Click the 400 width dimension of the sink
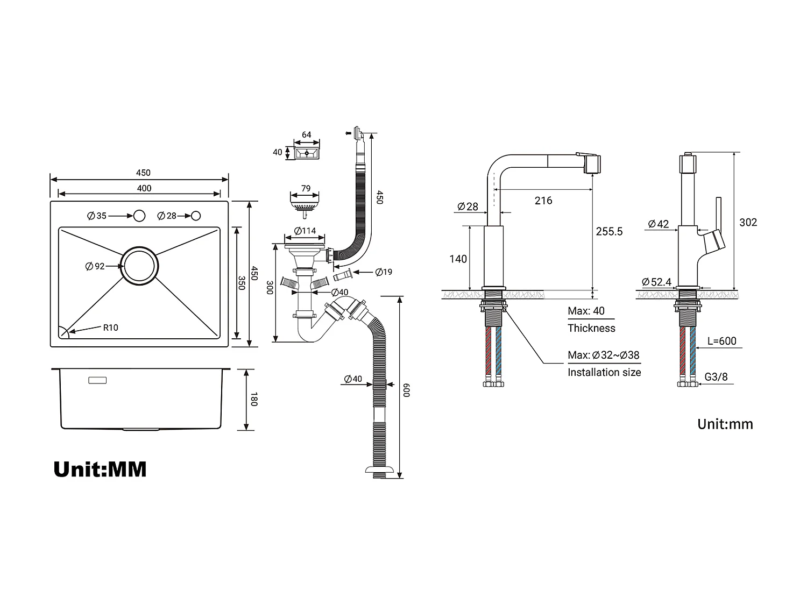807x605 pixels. (x=144, y=188)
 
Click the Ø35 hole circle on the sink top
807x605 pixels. (x=139, y=216)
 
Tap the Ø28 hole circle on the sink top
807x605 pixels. (x=196, y=216)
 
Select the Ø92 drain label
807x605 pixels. (x=96, y=266)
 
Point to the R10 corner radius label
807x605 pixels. (x=111, y=328)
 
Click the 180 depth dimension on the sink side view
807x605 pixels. (x=254, y=400)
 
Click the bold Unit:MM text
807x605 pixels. (x=100, y=469)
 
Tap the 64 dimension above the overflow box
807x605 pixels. (x=306, y=134)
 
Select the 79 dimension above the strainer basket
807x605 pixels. (x=306, y=188)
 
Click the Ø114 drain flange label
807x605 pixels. (x=305, y=231)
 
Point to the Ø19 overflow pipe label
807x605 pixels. (x=384, y=272)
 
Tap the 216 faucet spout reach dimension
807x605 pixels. (x=543, y=201)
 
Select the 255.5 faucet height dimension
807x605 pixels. (x=609, y=231)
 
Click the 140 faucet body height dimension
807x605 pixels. (x=458, y=259)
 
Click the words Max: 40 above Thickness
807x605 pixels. (x=586, y=311)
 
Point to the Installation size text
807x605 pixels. (x=604, y=372)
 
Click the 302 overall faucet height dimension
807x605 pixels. (x=748, y=222)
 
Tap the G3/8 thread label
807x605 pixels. (x=716, y=377)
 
